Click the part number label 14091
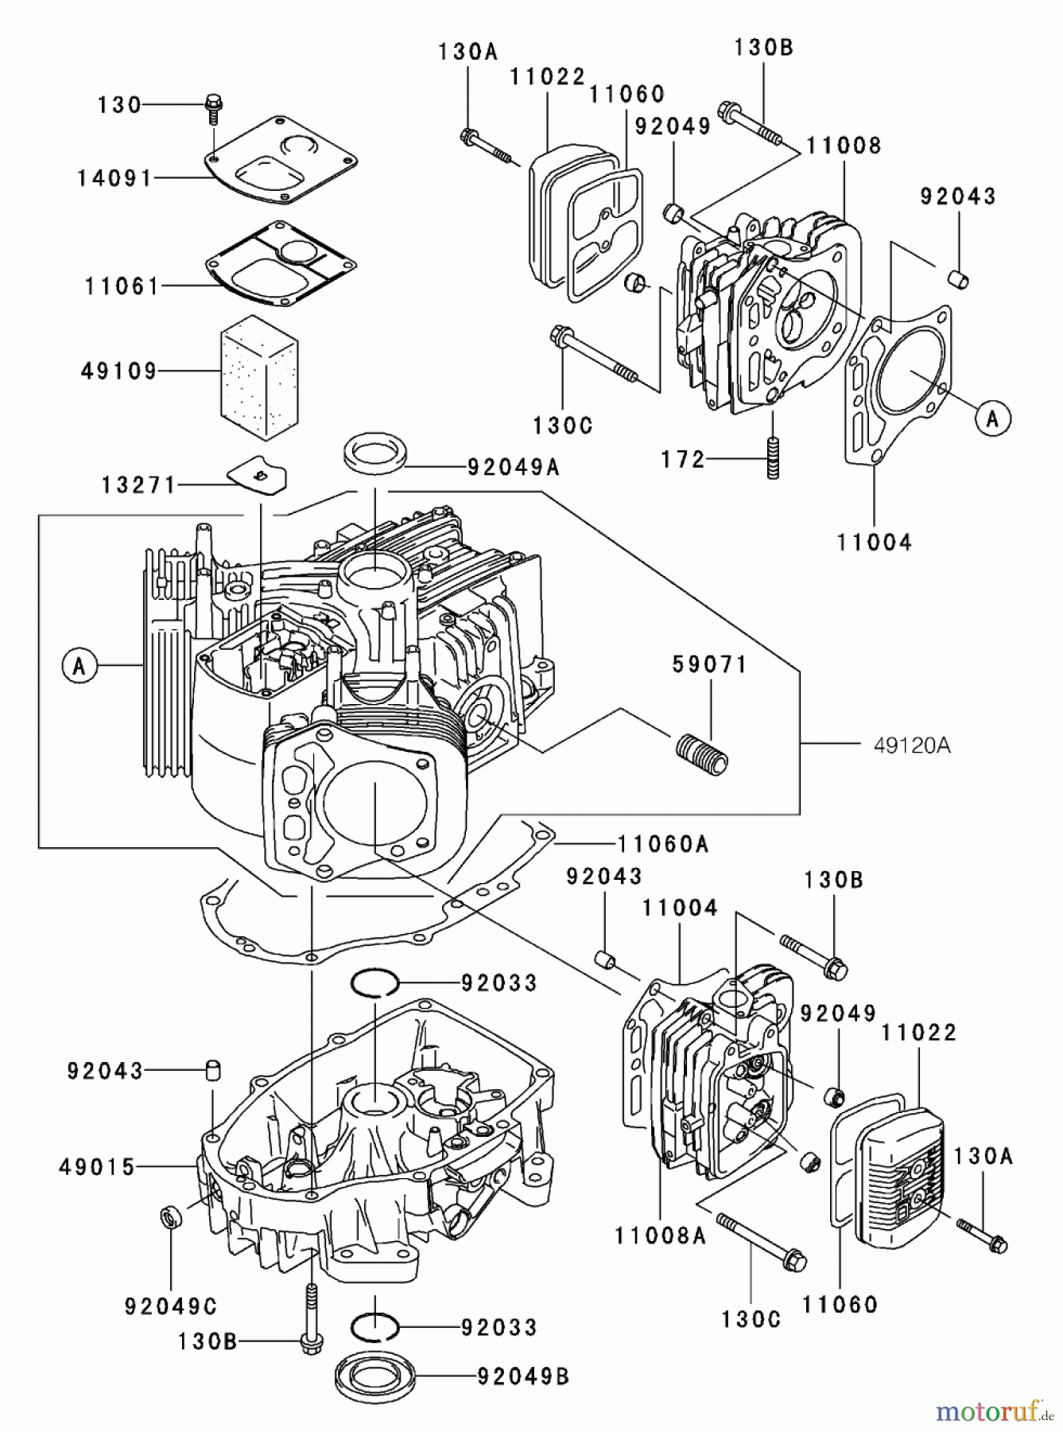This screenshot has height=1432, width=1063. (x=114, y=178)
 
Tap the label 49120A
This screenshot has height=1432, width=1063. (x=911, y=745)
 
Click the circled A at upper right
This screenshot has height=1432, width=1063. (x=991, y=417)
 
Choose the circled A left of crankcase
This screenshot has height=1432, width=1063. (x=79, y=665)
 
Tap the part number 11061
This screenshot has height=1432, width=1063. (x=122, y=286)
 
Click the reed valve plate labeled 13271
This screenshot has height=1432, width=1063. (x=257, y=476)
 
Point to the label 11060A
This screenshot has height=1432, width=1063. (x=662, y=843)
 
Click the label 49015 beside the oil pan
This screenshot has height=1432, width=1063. (x=97, y=1167)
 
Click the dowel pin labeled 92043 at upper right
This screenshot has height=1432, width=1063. (x=958, y=278)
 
